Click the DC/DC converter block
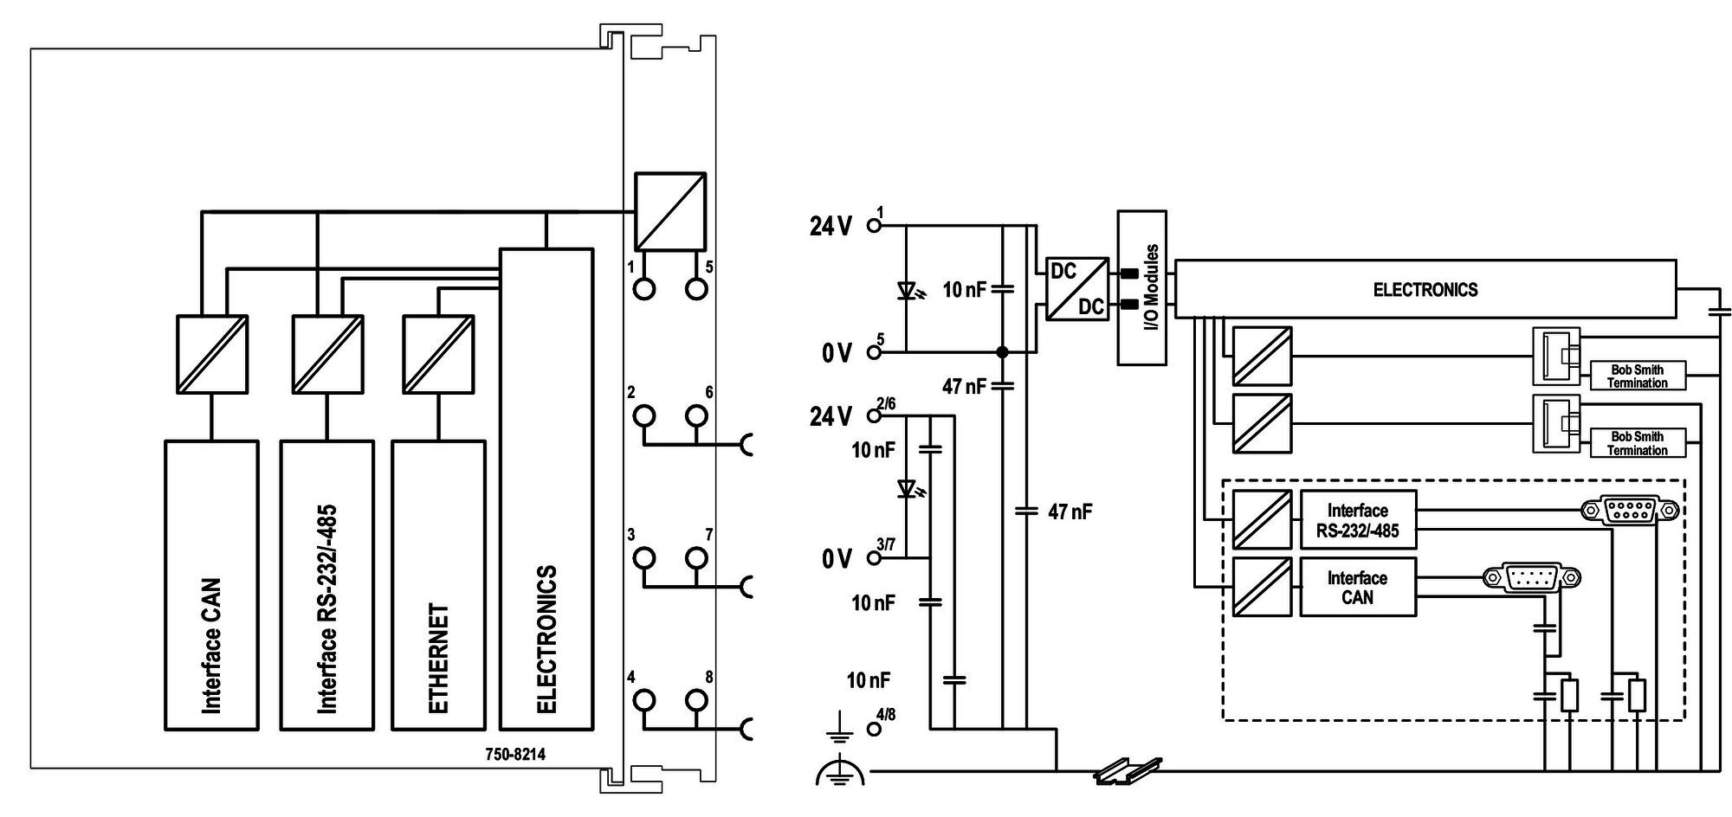pos(1077,289)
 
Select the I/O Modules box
pos(1142,287)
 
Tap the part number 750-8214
pos(515,754)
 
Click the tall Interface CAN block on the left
pos(211,585)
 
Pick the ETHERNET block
pos(438,585)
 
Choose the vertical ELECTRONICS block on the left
pos(546,489)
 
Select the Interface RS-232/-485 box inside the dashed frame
pos(1358,520)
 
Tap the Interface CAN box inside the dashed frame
pos(1358,587)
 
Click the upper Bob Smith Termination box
pos(1638,376)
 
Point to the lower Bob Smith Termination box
pos(1638,443)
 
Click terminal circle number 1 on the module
pos(644,288)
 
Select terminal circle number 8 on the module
pos(696,700)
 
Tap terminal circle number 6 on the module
pos(696,416)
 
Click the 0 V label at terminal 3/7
pos(837,559)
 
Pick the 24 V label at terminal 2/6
pos(830,417)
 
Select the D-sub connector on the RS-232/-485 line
pos(1630,511)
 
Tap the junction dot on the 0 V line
pos(1002,352)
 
